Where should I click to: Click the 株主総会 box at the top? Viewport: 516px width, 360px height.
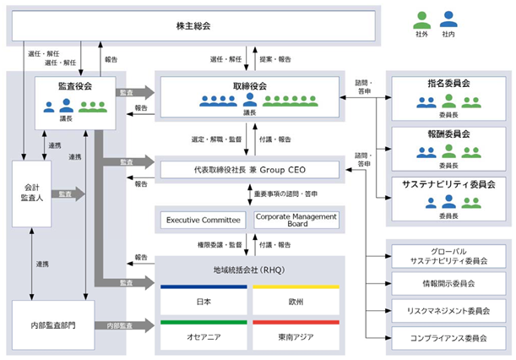[193, 25]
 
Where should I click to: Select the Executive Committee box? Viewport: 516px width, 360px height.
[203, 220]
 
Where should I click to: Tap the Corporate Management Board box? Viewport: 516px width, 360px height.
[296, 220]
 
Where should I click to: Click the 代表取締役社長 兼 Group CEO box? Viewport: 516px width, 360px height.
[249, 170]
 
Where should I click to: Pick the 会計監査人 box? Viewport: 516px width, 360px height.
[31, 194]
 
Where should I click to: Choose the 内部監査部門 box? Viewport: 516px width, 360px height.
[53, 325]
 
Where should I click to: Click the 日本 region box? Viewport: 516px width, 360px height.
[204, 300]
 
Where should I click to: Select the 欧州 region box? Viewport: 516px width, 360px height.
[296, 300]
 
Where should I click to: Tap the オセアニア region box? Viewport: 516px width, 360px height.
[204, 335]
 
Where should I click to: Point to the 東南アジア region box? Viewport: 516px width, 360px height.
[296, 335]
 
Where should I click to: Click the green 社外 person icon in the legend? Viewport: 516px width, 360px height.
[422, 20]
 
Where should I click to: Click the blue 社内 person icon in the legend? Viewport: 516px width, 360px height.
[448, 19]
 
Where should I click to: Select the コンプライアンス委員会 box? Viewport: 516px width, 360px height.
[448, 338]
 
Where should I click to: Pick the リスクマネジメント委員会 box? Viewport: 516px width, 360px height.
[448, 311]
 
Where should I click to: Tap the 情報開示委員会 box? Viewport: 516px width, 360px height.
[448, 284]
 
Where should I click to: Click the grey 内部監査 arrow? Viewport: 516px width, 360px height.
[125, 325]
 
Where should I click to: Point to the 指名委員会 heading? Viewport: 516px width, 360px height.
[448, 84]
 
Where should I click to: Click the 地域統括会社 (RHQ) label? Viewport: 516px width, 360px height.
[249, 270]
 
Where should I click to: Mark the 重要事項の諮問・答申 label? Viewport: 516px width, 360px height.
[285, 194]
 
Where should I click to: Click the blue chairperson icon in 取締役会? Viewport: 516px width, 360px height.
[250, 100]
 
